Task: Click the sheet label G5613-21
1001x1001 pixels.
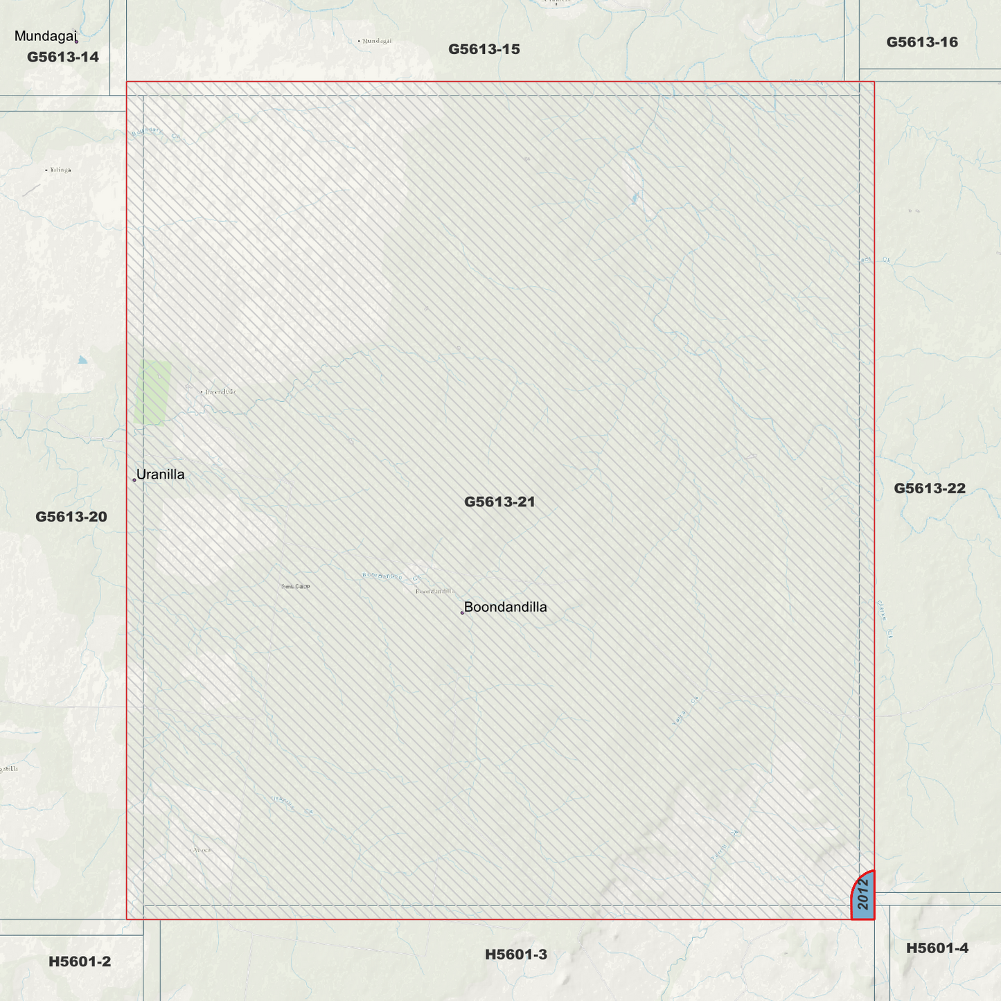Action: click(x=499, y=502)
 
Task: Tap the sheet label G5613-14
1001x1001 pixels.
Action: click(x=63, y=57)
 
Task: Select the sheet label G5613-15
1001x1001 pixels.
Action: click(x=484, y=49)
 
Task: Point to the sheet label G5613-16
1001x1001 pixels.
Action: click(x=922, y=42)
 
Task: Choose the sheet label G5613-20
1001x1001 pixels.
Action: click(x=71, y=517)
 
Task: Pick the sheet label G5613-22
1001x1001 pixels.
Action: click(x=929, y=488)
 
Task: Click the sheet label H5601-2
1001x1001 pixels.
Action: click(x=80, y=962)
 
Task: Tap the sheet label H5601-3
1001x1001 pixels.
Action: click(x=516, y=955)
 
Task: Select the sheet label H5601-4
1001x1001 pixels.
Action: click(x=937, y=948)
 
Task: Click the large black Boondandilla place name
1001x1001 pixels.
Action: click(x=505, y=608)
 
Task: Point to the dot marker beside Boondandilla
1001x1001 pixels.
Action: click(x=462, y=613)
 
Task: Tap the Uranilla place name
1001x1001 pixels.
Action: click(x=160, y=475)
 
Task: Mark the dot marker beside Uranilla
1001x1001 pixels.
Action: click(x=134, y=480)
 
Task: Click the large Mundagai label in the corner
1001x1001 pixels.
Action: click(x=45, y=36)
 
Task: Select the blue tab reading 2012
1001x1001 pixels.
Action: click(x=863, y=895)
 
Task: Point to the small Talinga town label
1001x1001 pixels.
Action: click(x=60, y=170)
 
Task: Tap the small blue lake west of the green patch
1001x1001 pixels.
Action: click(x=83, y=360)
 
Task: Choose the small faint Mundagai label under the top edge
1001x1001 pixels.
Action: click(x=376, y=41)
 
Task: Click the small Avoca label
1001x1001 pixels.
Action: click(x=202, y=850)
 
